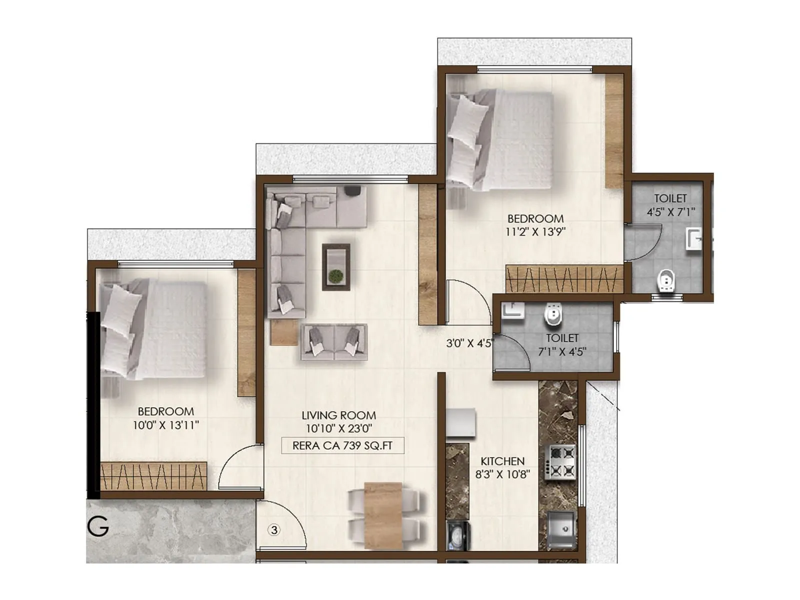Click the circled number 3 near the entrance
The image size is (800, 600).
point(273,529)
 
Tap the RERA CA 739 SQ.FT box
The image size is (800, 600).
point(342,445)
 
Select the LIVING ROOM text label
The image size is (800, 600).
point(338,415)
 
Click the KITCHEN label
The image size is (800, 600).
point(502,461)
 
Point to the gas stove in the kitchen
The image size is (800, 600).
point(560,461)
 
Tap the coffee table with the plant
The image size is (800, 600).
point(336,266)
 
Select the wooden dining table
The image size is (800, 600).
point(383,515)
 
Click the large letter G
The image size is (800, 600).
point(98,526)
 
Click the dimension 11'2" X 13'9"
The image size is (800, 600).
point(535,231)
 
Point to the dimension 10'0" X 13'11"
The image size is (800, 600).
point(165,425)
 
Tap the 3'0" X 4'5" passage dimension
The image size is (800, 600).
point(469,343)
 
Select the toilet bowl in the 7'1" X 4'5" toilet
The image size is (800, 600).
point(553,315)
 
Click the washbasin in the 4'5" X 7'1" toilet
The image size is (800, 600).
point(694,238)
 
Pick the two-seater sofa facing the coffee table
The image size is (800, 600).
point(334,342)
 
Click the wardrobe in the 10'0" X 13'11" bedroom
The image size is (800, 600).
point(153,476)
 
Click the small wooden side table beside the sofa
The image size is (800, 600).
point(283,332)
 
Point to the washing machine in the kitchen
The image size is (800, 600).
point(458,535)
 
